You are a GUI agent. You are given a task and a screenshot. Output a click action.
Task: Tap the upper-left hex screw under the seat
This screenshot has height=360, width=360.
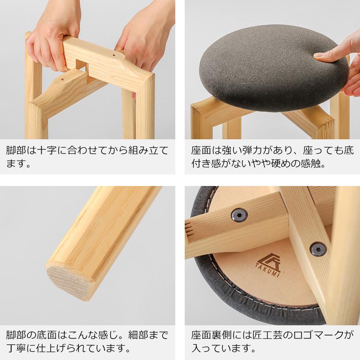coord(240,215)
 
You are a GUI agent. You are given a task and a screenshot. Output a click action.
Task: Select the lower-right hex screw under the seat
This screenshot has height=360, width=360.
coord(318,249)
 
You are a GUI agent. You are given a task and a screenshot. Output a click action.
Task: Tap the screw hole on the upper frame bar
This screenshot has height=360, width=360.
coord(114,55)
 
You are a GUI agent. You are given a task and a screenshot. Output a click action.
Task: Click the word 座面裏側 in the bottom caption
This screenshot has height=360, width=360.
coord(212,335)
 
